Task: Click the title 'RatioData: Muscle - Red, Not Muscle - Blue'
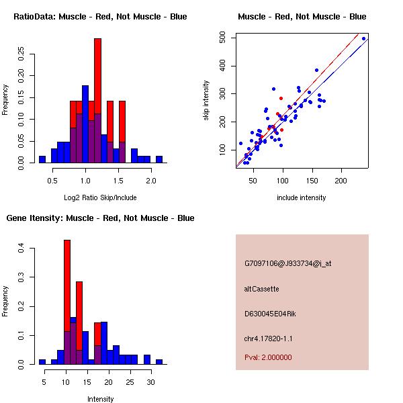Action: pos(100,17)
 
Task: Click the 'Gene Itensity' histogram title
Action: pos(100,218)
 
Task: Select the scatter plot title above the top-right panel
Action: pos(302,17)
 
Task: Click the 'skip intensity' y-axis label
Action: pos(207,101)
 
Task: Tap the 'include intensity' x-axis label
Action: pos(302,197)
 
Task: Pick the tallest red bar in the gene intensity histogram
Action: pos(67,302)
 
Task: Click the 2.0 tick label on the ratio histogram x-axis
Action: pos(151,181)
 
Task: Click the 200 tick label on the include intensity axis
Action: pos(341,181)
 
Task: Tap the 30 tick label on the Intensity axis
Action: pos(150,382)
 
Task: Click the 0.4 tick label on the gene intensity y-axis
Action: pos(21,249)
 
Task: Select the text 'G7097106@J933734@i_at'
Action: pos(287,263)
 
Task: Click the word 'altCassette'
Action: pos(261,289)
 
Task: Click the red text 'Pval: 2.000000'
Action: pos(268,357)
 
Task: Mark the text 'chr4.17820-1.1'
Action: pos(269,339)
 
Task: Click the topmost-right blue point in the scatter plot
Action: pos(363,38)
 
